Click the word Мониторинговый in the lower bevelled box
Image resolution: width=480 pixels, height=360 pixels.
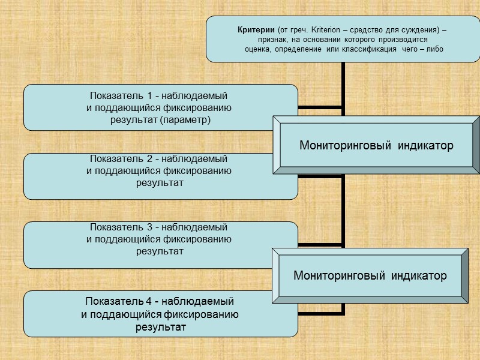pyautogui.click(x=337, y=275)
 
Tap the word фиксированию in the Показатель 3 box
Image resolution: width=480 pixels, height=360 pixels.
pyautogui.click(x=203, y=239)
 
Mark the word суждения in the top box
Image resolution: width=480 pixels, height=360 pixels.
pyautogui.click(x=422, y=30)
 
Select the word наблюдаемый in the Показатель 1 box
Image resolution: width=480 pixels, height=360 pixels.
pyautogui.click(x=198, y=95)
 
